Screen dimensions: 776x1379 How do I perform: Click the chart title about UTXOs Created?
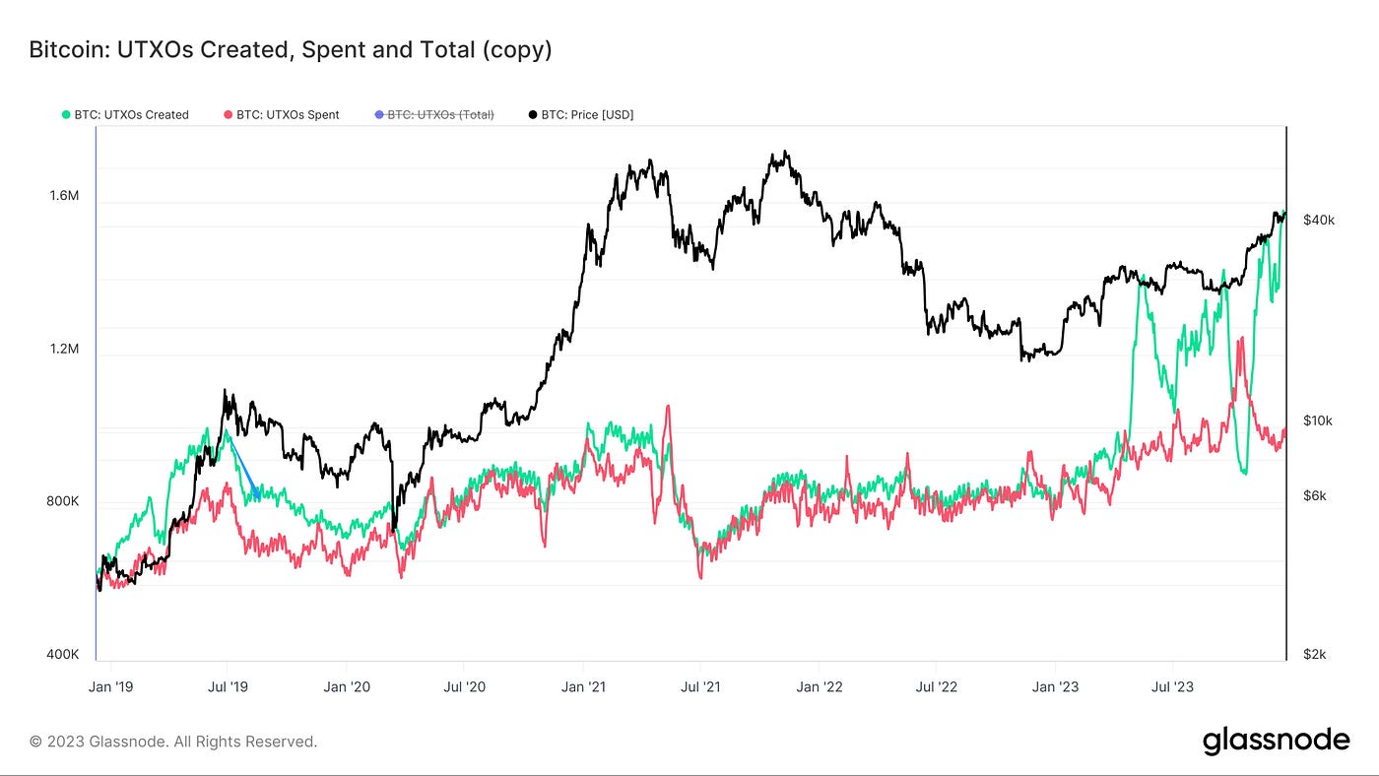point(291,49)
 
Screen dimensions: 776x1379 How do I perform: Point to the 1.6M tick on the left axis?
point(64,196)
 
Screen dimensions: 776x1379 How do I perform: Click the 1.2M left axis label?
point(64,350)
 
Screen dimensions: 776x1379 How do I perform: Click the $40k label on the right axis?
point(1318,220)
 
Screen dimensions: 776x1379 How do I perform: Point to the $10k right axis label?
point(1318,420)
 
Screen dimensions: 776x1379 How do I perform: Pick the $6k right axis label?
point(1315,496)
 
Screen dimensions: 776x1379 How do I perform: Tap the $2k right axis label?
point(1315,655)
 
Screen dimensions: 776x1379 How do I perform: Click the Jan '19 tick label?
point(111,686)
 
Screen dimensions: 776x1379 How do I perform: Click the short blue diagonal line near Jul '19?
point(243,466)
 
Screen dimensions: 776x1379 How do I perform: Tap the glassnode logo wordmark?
point(1276,741)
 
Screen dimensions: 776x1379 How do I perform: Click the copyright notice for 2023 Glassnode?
point(173,742)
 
